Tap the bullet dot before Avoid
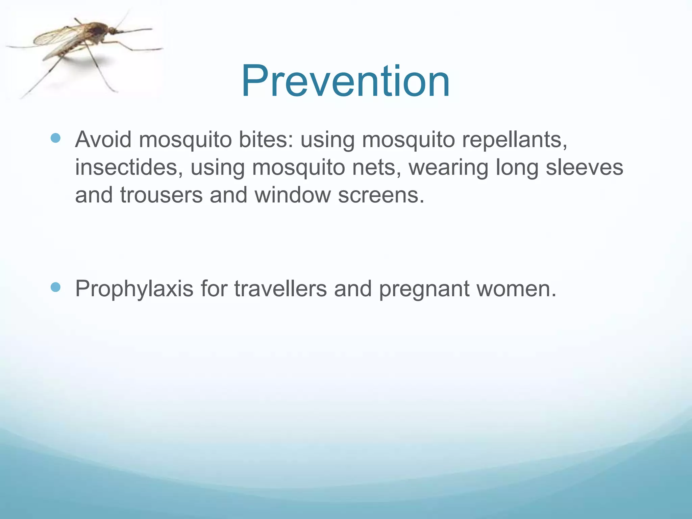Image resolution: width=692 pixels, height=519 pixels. click(55, 138)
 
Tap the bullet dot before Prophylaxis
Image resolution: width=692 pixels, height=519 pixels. click(55, 287)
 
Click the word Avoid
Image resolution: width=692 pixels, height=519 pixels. click(103, 139)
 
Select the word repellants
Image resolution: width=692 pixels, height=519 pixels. click(514, 140)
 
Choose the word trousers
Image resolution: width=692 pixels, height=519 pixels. click(161, 195)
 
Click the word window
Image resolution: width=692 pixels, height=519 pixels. click(292, 195)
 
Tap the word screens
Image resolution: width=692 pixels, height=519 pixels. click(381, 195)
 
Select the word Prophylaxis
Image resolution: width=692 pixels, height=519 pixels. click(134, 289)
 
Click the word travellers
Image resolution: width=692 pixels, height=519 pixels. click(280, 289)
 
